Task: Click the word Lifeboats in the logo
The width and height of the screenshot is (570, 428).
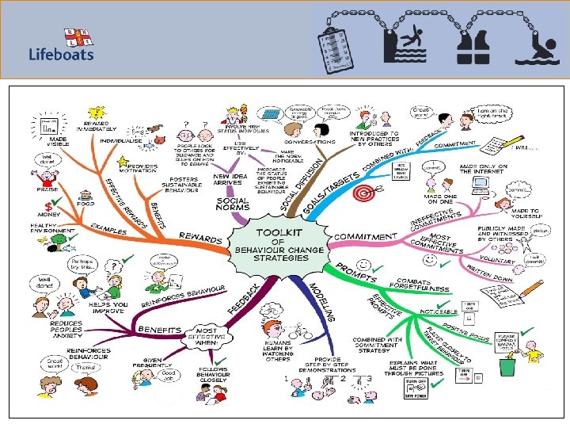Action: click(62, 54)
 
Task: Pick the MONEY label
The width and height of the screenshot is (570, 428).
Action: click(49, 214)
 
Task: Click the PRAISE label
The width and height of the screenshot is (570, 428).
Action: click(47, 190)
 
